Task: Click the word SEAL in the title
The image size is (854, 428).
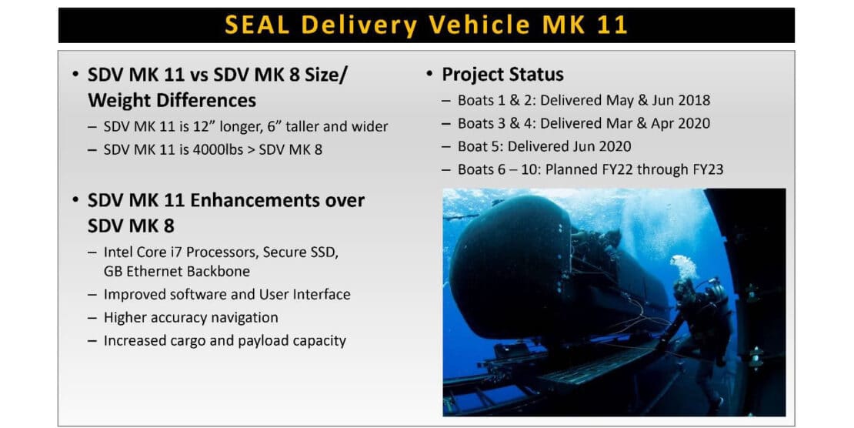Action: pos(257,25)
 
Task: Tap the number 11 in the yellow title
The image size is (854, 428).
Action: pos(612,25)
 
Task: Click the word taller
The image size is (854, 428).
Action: pos(302,126)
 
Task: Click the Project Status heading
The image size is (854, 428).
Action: pos(502,74)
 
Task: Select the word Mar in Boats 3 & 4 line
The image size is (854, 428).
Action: pos(619,123)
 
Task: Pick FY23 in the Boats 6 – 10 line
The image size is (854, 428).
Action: pos(706,169)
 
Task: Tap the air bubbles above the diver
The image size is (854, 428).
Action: pos(683,266)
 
